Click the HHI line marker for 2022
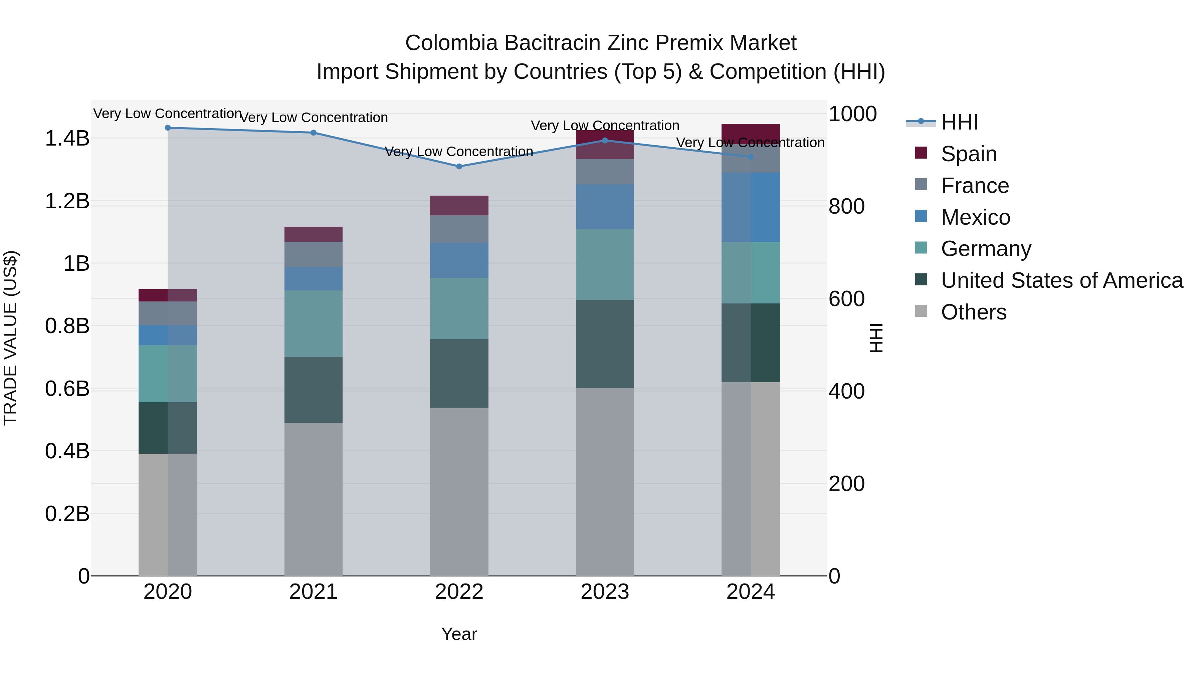click(459, 167)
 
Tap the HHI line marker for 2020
click(168, 128)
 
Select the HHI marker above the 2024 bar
click(750, 157)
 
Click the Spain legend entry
click(968, 154)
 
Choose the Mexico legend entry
click(975, 217)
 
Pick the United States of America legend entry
click(1061, 280)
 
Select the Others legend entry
click(973, 312)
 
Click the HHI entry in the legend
click(959, 122)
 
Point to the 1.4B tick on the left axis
click(67, 139)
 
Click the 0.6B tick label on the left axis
click(67, 389)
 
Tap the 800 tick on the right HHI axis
click(846, 206)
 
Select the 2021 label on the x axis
click(314, 592)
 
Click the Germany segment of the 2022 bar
click(459, 308)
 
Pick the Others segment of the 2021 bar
click(314, 499)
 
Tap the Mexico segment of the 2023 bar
click(605, 206)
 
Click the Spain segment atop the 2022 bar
click(459, 205)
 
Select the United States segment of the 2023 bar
click(605, 344)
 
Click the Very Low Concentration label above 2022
click(459, 152)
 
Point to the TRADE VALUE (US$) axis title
click(10, 338)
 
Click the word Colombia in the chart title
click(451, 43)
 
